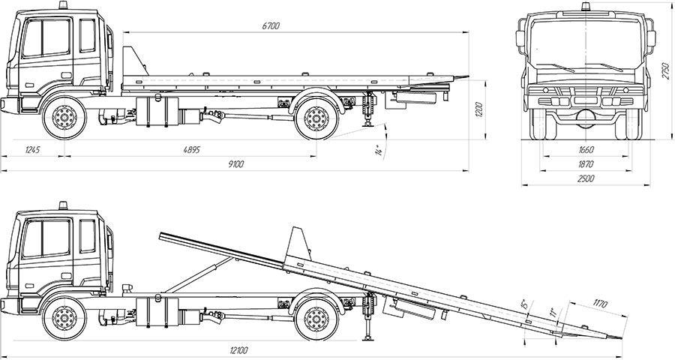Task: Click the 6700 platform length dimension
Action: [271, 26]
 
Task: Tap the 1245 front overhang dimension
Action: [31, 150]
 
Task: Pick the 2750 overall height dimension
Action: [664, 71]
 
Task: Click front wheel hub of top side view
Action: [64, 118]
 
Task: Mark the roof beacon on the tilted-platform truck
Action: [64, 205]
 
